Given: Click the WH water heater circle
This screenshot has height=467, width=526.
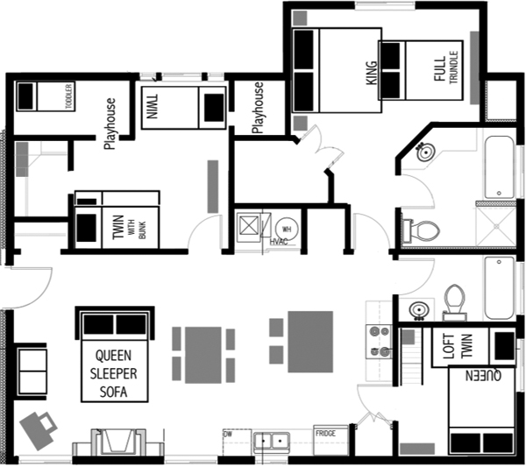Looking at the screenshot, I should coord(284,224).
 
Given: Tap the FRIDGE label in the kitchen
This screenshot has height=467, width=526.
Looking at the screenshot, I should coord(325,433).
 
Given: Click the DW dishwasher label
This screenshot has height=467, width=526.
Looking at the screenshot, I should coord(227,433).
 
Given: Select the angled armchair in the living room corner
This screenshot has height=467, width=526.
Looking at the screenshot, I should coord(38,428).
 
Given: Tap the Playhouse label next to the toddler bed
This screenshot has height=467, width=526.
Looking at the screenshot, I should coord(110,124).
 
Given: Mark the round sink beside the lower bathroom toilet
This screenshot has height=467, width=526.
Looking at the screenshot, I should coord(417,310).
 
